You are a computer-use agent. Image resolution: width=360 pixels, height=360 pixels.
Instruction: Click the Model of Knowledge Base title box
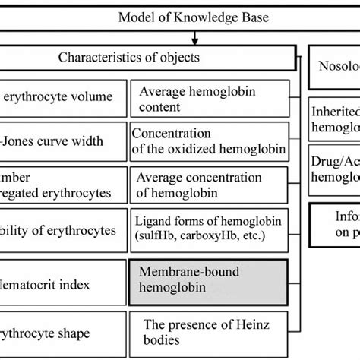coord(195,17)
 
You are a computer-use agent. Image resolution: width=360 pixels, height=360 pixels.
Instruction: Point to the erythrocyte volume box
coord(61,96)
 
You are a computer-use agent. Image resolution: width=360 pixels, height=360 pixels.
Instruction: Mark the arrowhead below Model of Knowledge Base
coord(195,39)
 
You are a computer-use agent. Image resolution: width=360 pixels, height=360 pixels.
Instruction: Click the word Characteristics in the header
coord(93,57)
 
